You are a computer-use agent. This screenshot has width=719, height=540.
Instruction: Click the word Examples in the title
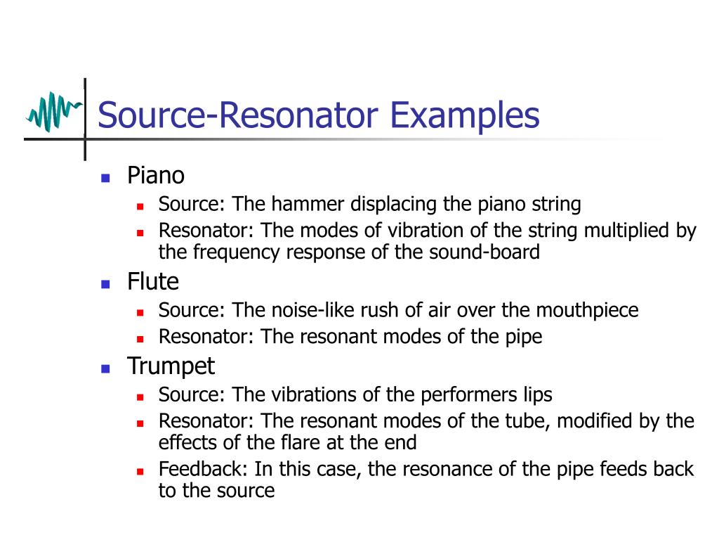pos(465,115)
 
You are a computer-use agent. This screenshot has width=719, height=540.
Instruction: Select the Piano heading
pos(156,175)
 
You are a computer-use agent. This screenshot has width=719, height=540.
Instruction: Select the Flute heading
pos(153,282)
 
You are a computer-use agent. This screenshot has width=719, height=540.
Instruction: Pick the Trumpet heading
pos(171,366)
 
